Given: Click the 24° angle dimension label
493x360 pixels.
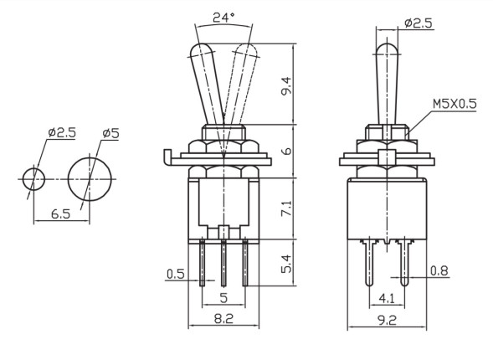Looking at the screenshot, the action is (x=223, y=18).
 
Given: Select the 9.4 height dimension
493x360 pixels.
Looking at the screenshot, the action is (x=286, y=86).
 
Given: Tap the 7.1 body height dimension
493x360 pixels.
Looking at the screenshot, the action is (x=286, y=209).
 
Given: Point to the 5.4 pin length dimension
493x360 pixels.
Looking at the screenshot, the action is (x=286, y=264).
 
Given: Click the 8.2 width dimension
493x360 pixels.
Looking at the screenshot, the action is (x=223, y=319).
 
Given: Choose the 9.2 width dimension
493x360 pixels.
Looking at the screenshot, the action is (x=387, y=321).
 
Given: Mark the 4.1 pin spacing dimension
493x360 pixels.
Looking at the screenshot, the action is (x=387, y=298).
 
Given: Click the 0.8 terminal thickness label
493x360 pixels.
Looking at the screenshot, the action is (x=439, y=270).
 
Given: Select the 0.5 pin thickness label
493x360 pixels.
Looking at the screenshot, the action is (x=176, y=274).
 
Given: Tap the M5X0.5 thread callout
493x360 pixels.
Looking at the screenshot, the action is (x=454, y=104).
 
